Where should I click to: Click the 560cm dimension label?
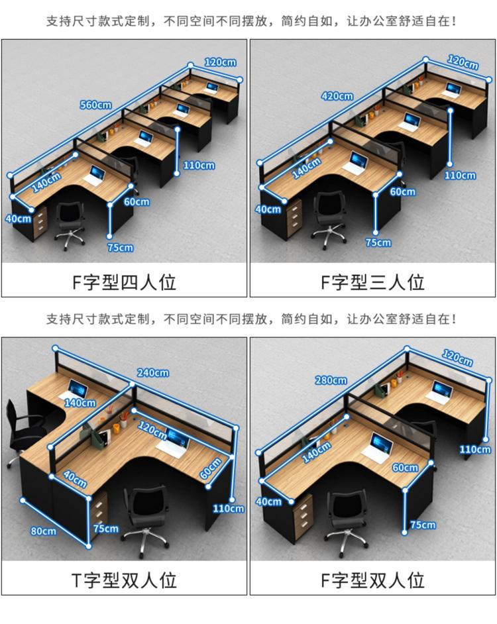click(95, 105)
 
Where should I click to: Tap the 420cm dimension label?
click(337, 96)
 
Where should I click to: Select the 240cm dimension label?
click(153, 373)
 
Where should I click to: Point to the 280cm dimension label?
click(331, 380)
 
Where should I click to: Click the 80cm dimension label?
click(44, 531)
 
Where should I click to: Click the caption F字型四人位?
click(125, 282)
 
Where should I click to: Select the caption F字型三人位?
click(372, 282)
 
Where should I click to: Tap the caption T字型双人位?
click(125, 580)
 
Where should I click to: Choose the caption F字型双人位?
click(372, 580)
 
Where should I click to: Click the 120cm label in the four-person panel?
click(220, 62)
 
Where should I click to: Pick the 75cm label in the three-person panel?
click(378, 242)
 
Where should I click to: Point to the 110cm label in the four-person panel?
click(199, 165)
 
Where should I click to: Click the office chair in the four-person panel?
click(70, 225)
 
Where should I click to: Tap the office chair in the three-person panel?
click(328, 218)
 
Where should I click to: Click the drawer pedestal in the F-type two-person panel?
click(304, 516)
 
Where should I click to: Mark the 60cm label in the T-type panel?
click(210, 468)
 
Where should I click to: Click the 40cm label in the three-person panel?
click(268, 209)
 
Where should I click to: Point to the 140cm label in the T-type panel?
click(80, 403)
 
